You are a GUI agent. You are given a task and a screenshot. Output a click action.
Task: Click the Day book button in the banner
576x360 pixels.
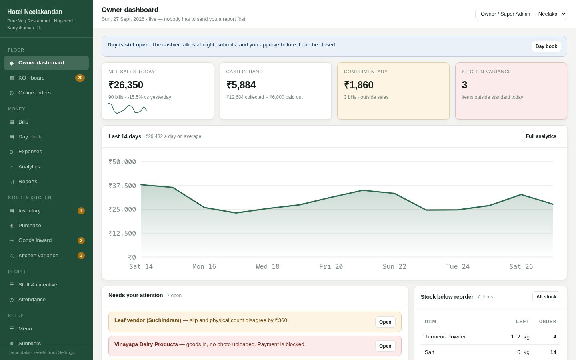546,46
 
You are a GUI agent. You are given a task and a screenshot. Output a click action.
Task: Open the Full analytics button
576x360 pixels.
541,136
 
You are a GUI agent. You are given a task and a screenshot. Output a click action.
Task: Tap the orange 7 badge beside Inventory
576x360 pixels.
81,210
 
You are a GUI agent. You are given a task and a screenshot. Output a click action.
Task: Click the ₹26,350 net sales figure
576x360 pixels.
126,85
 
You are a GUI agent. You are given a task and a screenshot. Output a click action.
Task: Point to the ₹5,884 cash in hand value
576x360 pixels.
241,85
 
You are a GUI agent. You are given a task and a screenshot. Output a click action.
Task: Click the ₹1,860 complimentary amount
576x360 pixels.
359,85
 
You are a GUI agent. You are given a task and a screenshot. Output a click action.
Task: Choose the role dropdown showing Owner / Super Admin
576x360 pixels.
521,14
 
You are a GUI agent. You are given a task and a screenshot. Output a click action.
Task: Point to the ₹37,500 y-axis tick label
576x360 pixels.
122,186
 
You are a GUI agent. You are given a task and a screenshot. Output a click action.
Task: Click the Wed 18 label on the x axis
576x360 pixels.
268,266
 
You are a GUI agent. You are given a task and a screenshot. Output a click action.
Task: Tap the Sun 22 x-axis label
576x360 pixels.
394,266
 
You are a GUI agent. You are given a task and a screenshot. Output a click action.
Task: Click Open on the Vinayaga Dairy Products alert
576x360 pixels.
385,346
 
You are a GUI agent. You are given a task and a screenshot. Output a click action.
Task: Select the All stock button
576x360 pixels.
546,297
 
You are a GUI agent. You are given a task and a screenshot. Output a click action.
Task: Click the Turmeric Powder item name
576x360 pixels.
445,337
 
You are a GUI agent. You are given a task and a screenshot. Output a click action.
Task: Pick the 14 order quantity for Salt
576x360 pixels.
553,352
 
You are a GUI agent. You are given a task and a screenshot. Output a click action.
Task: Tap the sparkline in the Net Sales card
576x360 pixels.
128,108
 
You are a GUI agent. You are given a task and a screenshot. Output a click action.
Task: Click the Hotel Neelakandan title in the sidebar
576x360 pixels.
35,12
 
